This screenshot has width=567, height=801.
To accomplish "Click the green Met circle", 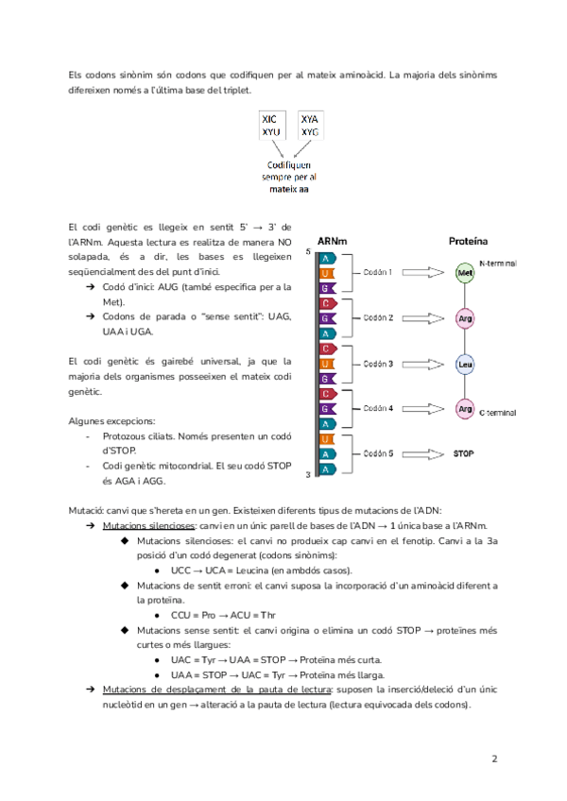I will (x=464, y=273).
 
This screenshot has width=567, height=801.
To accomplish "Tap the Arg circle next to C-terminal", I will (x=464, y=409).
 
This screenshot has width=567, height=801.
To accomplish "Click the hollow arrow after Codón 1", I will (x=425, y=273).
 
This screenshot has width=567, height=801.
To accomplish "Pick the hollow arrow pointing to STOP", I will (x=425, y=454).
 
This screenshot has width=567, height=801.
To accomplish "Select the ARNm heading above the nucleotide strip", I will (x=332, y=241).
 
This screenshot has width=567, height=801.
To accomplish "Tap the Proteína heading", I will (x=467, y=241).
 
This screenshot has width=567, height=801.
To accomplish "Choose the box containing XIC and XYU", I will (x=274, y=126).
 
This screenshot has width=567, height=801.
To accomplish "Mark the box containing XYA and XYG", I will (x=311, y=126).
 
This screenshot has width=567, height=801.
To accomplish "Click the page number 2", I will (x=494, y=758).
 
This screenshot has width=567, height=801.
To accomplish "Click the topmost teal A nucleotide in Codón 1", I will (x=325, y=258).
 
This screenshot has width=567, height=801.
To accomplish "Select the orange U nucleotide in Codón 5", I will (x=325, y=439).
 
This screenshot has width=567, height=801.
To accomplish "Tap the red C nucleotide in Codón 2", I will (x=325, y=303).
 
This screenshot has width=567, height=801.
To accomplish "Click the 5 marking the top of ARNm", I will (x=309, y=252).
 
